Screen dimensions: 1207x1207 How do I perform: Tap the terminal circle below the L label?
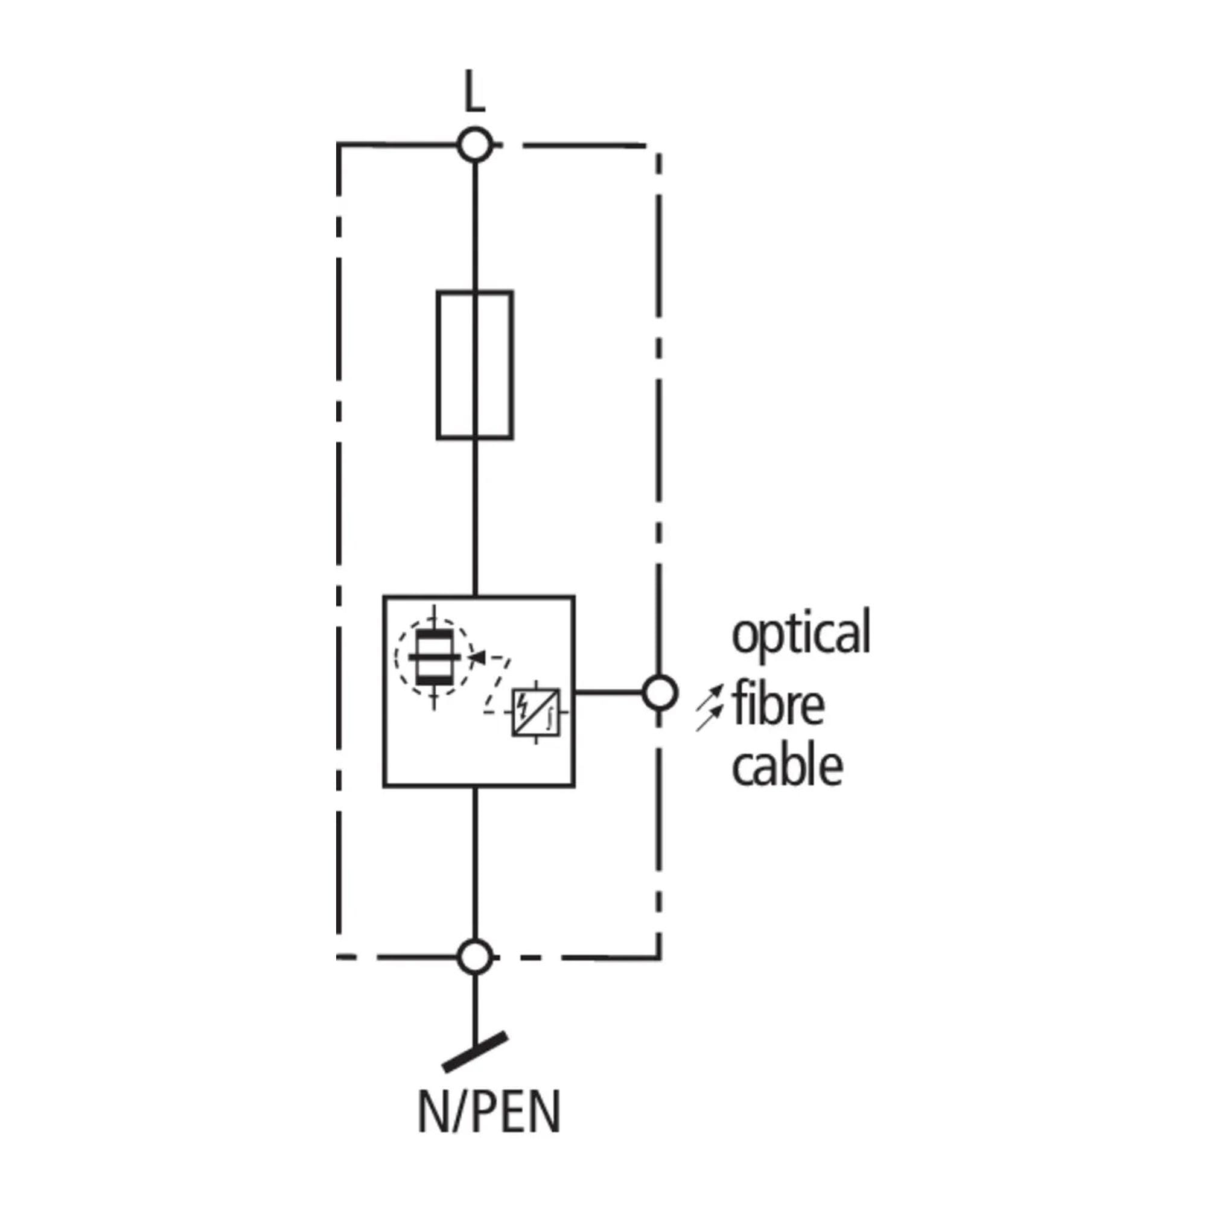point(475,145)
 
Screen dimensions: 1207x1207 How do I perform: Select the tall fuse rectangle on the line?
point(475,365)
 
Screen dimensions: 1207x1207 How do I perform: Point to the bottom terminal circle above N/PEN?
point(475,957)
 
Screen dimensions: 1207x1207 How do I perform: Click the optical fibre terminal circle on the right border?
point(659,692)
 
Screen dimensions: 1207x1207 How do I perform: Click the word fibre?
point(779,704)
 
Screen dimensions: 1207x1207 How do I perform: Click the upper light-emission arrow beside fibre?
point(712,696)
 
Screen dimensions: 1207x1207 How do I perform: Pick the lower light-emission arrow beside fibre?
point(710,720)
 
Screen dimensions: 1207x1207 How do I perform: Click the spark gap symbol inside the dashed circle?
point(434,657)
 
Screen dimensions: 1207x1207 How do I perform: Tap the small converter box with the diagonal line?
point(536,712)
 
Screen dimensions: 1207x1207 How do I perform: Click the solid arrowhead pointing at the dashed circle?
point(476,656)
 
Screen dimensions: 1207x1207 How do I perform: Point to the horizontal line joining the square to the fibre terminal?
point(609,692)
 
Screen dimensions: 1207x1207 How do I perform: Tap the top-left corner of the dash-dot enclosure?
point(338,145)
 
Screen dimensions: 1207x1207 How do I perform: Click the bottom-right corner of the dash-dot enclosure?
point(659,957)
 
